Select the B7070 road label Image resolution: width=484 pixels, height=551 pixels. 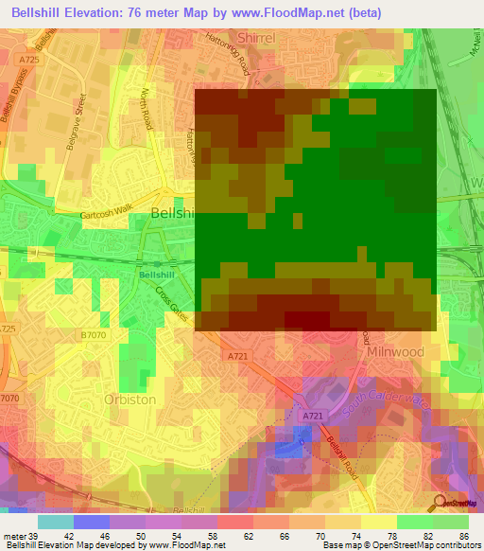coord(93,334)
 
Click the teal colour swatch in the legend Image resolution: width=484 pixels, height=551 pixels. coord(55,522)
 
